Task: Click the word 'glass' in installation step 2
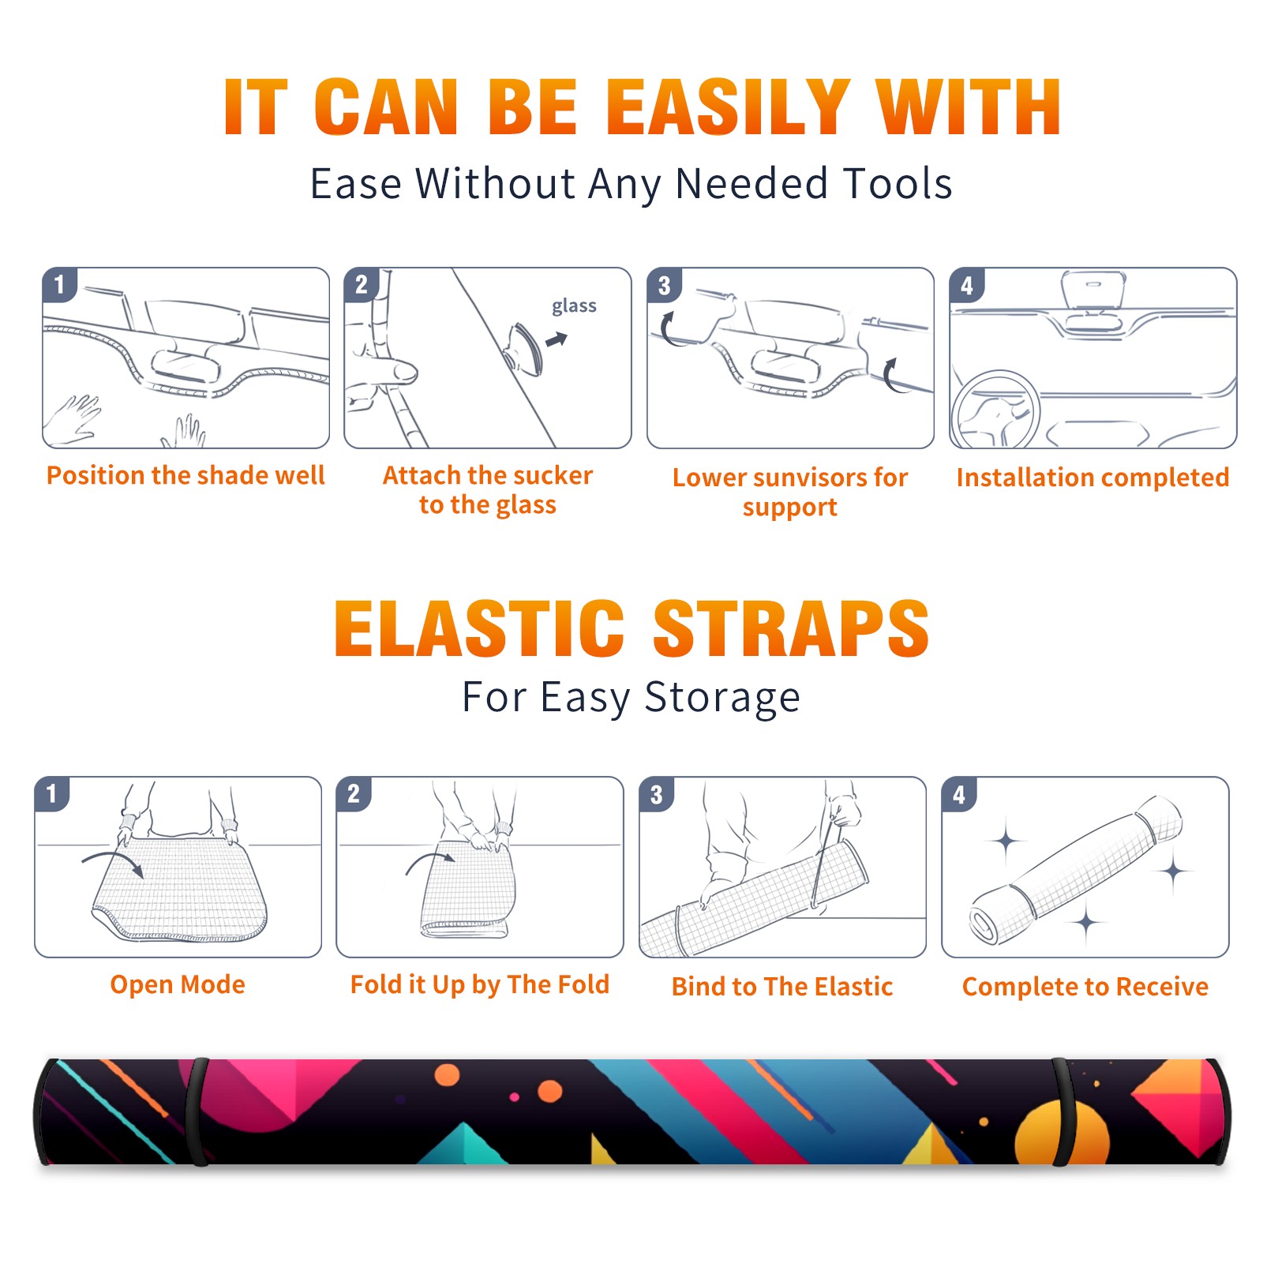tap(574, 306)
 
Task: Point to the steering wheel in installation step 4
tap(995, 410)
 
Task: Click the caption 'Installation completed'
tap(1092, 478)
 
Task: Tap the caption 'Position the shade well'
tap(186, 475)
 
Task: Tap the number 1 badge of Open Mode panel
tap(52, 793)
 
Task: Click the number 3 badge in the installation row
tap(664, 286)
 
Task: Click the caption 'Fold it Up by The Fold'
tap(480, 984)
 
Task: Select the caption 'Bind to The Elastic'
tap(781, 987)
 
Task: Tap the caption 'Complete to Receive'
tap(1085, 987)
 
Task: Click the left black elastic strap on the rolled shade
tap(197, 1112)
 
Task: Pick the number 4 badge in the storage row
tap(959, 794)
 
